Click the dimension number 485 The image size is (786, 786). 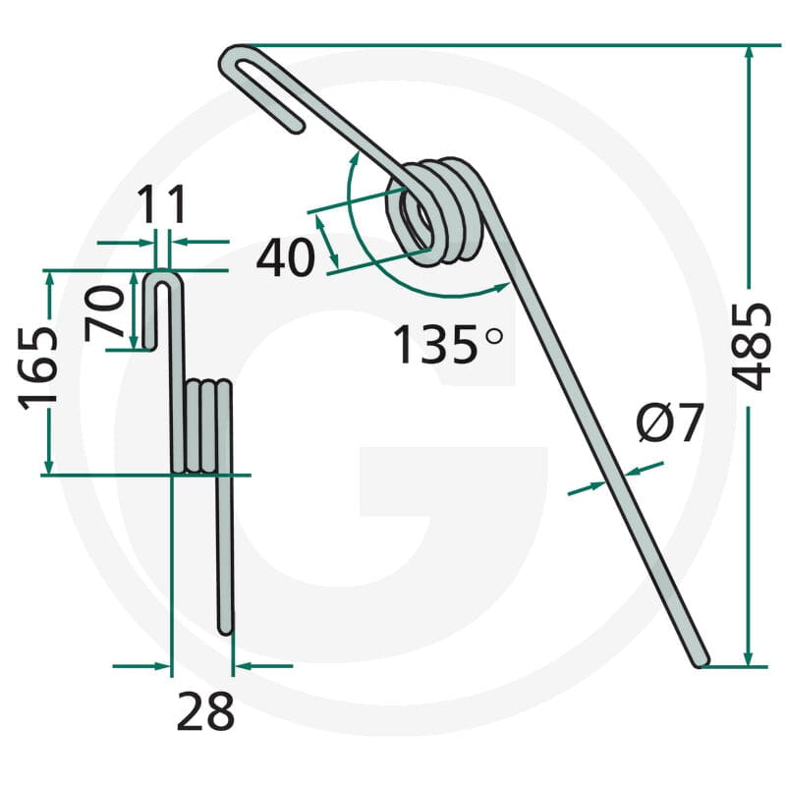click(x=751, y=347)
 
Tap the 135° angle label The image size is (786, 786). click(x=448, y=344)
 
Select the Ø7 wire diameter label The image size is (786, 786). click(x=670, y=422)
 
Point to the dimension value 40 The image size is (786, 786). click(x=286, y=257)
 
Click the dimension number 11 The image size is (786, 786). click(x=161, y=204)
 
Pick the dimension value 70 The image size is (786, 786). click(x=104, y=312)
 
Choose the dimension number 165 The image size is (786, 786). click(x=38, y=368)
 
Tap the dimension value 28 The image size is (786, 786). click(x=205, y=710)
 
